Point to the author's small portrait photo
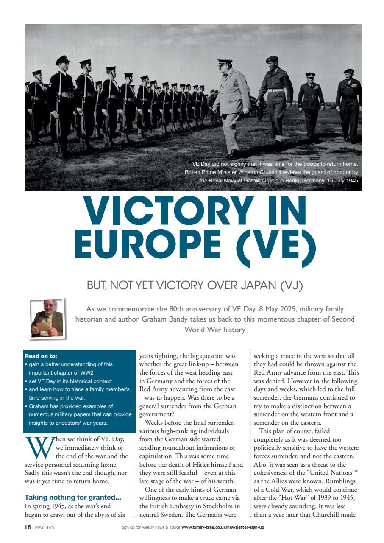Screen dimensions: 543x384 point(47,318)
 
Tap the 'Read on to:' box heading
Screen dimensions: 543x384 point(41,356)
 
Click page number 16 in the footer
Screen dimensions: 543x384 point(28,527)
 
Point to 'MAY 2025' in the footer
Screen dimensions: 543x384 point(45,528)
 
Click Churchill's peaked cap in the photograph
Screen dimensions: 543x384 point(224,62)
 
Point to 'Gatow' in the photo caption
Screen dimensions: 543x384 point(255,180)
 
